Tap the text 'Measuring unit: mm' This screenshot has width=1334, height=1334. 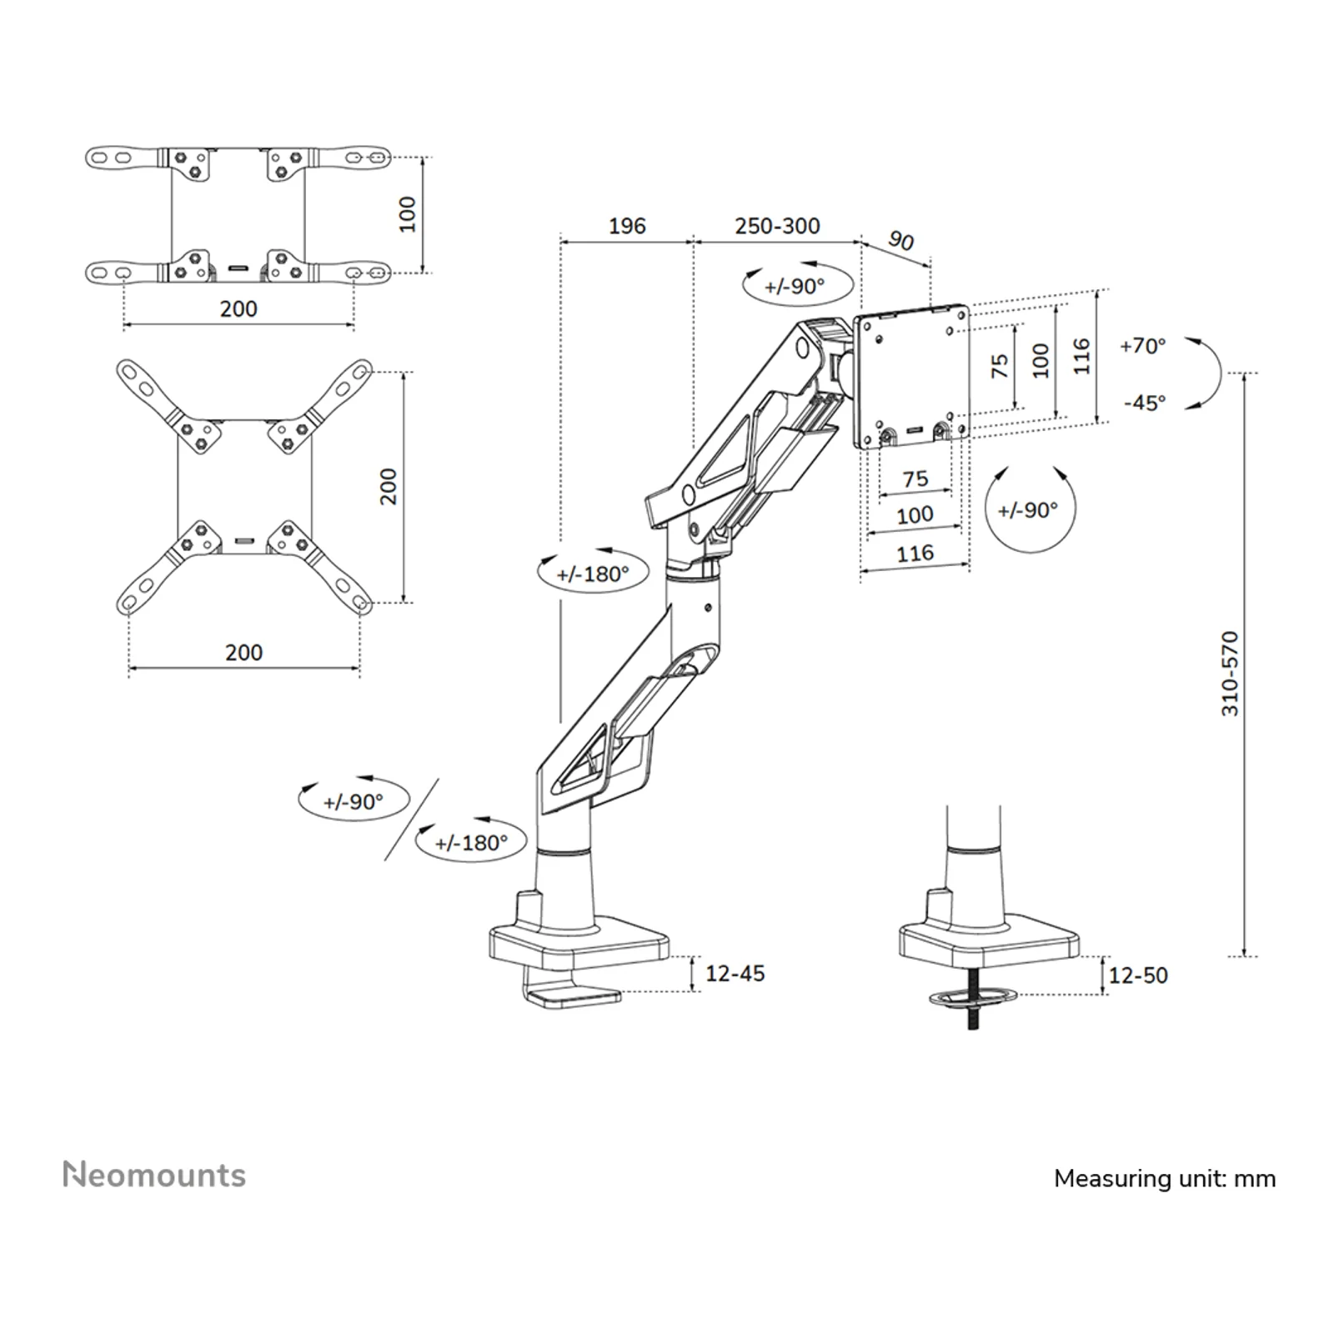click(1165, 1178)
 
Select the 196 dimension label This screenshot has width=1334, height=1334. click(627, 226)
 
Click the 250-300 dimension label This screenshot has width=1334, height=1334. click(777, 226)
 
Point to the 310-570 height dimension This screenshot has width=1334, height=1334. click(1231, 674)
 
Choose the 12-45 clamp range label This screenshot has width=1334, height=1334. click(735, 973)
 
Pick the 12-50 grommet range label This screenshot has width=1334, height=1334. click(1138, 975)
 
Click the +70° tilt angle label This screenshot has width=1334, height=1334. click(1143, 346)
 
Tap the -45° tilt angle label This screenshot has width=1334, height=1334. click(1145, 403)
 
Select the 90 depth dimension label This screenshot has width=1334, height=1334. click(900, 241)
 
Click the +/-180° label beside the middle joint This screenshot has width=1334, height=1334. click(593, 574)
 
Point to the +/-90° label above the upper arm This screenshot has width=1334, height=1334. click(795, 286)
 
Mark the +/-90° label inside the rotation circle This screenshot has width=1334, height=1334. click(1027, 509)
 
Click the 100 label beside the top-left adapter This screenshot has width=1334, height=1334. click(407, 214)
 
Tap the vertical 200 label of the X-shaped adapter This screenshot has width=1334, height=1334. click(389, 486)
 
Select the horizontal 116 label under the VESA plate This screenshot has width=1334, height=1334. click(915, 553)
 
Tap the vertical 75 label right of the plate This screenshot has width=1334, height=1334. click(1000, 366)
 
